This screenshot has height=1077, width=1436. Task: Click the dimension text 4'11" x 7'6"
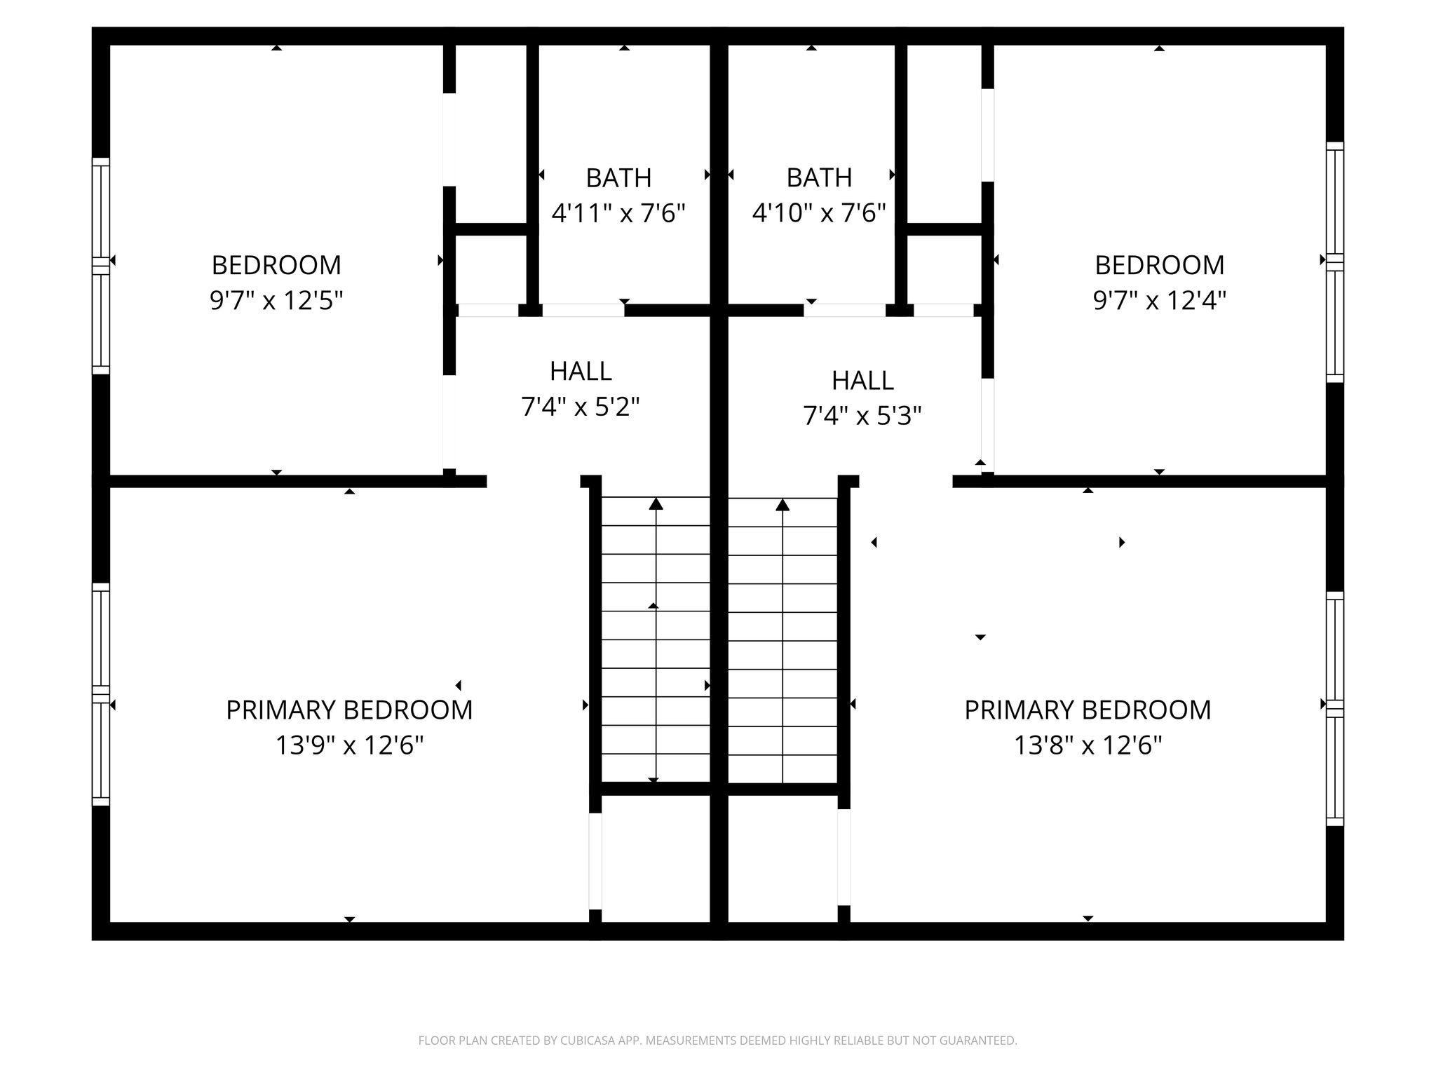pos(618,212)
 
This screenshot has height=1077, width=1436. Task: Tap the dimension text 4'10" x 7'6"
pos(819,212)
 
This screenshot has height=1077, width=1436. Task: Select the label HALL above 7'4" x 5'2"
pos(581,372)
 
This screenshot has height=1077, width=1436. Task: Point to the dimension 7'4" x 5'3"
pos(862,416)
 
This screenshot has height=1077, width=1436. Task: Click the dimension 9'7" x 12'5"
pos(276,301)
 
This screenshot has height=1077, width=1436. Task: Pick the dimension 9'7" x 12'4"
pos(1160,301)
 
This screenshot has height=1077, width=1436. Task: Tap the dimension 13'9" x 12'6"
pos(349,745)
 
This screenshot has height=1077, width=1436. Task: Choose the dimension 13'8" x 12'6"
pos(1088,745)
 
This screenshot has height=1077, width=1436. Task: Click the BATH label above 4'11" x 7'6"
pos(618,178)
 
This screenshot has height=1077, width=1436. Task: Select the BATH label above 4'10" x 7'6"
pos(819,178)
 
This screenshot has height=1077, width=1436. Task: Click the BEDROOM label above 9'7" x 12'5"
pos(276,266)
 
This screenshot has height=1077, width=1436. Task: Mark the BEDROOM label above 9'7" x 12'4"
pos(1160,266)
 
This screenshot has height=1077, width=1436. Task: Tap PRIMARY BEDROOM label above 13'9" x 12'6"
pos(349,710)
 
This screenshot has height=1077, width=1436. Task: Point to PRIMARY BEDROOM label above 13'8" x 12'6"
pos(1088,710)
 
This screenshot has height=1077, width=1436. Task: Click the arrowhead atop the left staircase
pos(656,503)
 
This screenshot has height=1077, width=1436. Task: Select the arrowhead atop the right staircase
pos(783,503)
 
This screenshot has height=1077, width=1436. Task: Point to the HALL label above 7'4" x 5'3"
pos(862,381)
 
